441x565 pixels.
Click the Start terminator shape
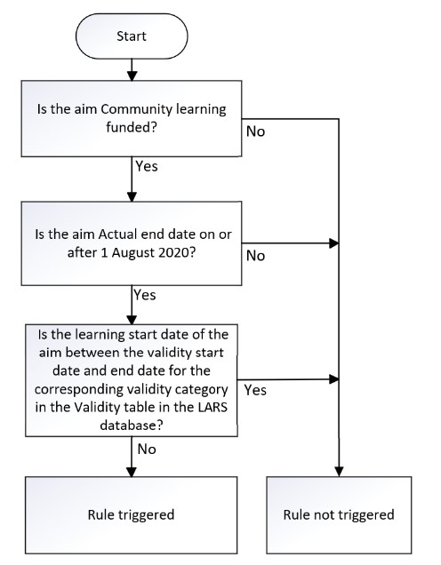click(132, 37)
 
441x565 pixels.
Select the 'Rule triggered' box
click(132, 513)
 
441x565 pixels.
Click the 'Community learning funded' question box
click(132, 118)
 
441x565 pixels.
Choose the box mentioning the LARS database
click(132, 380)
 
